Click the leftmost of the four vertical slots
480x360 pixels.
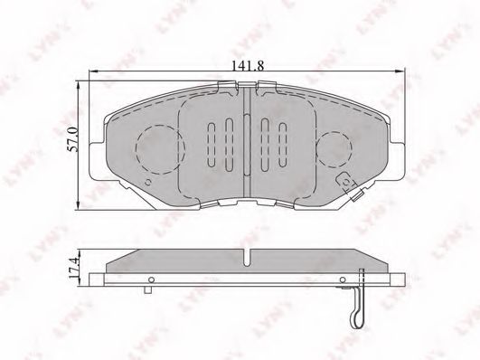pyautogui.click(x=212, y=142)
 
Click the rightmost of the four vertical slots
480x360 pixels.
pyautogui.click(x=283, y=142)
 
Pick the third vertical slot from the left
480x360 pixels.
pyautogui.click(x=266, y=142)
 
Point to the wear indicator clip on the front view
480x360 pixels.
pyautogui.click(x=349, y=186)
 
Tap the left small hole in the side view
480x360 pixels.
pyautogui.click(x=153, y=278)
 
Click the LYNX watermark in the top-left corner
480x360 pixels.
pyautogui.click(x=20, y=20)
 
